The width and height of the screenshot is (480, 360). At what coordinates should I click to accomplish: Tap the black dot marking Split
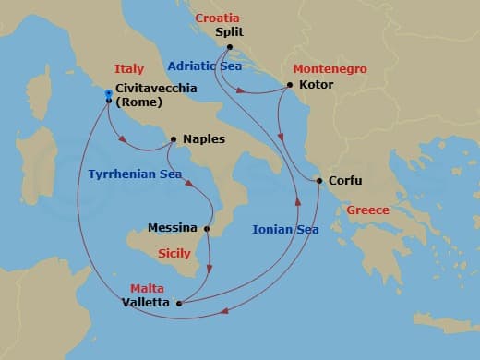tap(229, 47)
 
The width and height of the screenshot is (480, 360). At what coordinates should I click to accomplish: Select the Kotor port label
tap(316, 85)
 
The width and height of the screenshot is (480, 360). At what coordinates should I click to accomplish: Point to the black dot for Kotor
tap(290, 85)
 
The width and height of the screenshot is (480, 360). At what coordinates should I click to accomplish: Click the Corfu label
tap(345, 181)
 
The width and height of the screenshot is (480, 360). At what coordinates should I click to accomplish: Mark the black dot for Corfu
tap(319, 181)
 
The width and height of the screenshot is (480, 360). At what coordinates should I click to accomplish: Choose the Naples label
tap(203, 139)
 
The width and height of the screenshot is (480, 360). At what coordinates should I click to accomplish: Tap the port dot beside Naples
tap(174, 139)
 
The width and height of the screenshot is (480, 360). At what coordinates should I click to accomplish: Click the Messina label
tap(173, 228)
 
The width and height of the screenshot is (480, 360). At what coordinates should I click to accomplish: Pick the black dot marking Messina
tap(207, 228)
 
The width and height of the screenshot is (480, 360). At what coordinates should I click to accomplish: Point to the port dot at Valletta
tap(179, 302)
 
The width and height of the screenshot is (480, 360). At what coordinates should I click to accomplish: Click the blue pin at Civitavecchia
tap(109, 93)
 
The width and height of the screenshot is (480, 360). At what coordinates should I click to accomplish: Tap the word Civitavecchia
tap(157, 89)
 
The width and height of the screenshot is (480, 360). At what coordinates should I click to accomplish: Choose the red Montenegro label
tap(330, 69)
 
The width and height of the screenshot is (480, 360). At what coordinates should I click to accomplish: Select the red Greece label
tap(368, 210)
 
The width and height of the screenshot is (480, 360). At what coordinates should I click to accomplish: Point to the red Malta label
tap(147, 288)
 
